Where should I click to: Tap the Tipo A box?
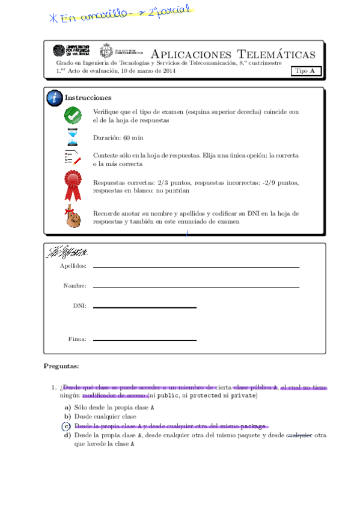[306, 71]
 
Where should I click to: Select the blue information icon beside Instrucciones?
[55, 98]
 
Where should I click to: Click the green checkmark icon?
[73, 115]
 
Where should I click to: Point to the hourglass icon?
[73, 138]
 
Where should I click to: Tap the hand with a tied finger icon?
[73, 217]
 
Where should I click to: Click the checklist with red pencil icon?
[73, 159]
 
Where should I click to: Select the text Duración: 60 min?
[118, 138]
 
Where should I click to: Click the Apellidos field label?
[73, 266]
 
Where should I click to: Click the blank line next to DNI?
[144, 307]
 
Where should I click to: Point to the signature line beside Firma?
[144, 340]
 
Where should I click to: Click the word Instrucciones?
[88, 97]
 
